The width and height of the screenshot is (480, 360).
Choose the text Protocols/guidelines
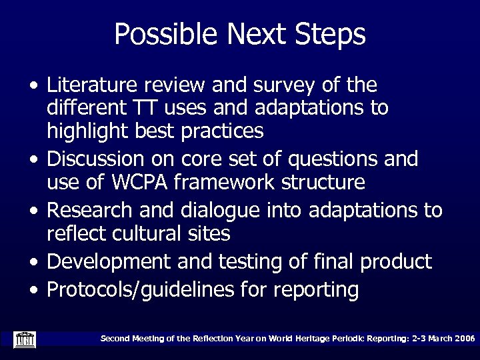click(147, 291)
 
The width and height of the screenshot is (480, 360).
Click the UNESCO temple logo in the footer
click(25, 339)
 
